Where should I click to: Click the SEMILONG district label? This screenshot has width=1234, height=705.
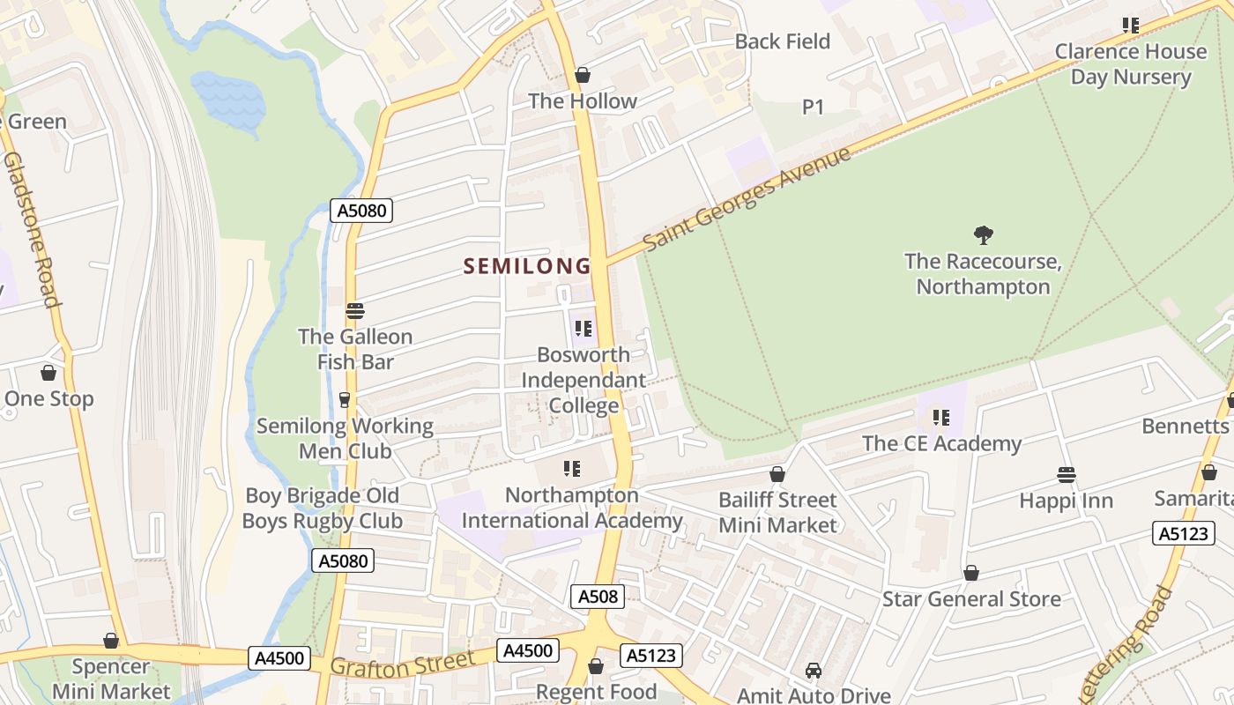527,265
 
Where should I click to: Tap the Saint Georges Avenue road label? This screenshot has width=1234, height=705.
747,198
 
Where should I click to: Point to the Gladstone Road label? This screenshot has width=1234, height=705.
31,229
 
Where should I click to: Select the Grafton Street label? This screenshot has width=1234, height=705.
402,664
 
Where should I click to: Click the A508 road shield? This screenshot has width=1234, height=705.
598,597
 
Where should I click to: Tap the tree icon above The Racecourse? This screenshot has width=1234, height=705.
983,234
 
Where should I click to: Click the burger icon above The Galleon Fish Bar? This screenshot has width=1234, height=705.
355,311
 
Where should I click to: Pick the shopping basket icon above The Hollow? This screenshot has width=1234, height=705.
583,76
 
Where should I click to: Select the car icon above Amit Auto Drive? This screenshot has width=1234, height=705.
814,671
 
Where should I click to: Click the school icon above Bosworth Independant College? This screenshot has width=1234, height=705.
583,329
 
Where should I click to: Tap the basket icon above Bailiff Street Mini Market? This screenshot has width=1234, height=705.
777,475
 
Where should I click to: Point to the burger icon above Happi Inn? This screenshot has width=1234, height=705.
1066,475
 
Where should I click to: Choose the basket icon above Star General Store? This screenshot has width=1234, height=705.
971,574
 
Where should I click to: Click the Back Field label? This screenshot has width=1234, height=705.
783,41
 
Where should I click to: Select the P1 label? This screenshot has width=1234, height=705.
813,108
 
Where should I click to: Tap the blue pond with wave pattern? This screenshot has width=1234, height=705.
227,99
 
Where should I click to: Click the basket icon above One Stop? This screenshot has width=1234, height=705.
48,373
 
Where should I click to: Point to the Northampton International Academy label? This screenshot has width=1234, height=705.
572,508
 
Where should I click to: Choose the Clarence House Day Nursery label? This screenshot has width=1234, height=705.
1131,63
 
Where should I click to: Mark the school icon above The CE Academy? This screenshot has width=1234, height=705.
941,418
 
